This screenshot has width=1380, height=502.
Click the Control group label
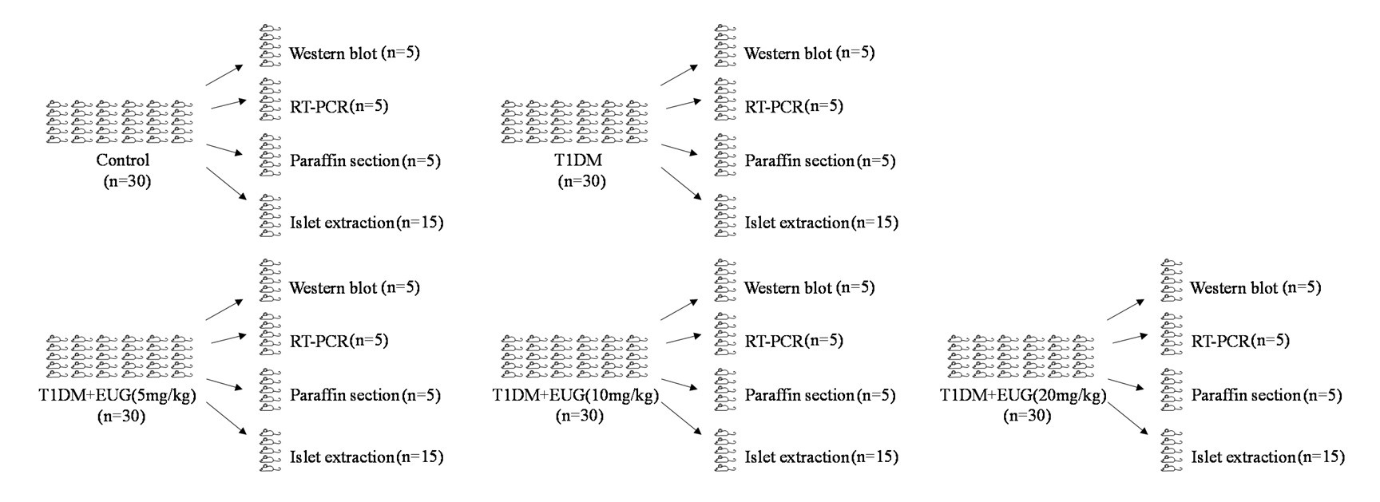pos(122,160)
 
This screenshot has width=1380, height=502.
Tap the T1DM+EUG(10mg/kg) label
pos(575,395)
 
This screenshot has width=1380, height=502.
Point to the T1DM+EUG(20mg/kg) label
pos(1022,395)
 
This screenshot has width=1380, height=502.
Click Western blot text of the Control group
pos(333,53)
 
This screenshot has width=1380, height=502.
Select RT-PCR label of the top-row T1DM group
pos(773,106)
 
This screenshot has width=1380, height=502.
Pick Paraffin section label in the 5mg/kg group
pos(344,395)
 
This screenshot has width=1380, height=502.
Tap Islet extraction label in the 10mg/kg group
pos(795,457)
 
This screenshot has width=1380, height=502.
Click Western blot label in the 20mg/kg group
pos(1234,288)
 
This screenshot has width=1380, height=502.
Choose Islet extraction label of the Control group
pos(342,223)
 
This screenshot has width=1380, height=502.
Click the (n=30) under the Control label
pos(127,181)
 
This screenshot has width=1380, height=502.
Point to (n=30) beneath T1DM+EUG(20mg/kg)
pos(1027,416)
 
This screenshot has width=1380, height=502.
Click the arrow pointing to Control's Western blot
pos(224,75)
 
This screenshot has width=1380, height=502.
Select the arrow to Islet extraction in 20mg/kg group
pos(1127,419)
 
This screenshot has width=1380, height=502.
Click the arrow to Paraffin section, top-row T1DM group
pos(680,149)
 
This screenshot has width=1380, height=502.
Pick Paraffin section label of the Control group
pos(344,160)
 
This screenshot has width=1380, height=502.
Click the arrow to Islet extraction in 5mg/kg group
pos(224,419)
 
